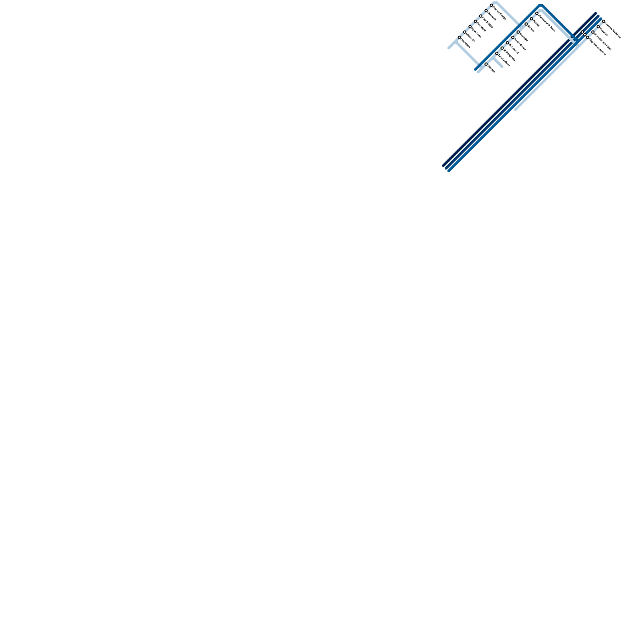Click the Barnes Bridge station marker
[492, 6]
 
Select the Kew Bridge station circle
[481, 16]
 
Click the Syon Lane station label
[476, 32]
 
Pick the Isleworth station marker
[465, 32]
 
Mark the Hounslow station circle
[460, 37]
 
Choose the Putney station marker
[532, 19]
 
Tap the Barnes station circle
[526, 24]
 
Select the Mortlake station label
[524, 37]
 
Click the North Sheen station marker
[513, 37]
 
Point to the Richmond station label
[514, 48]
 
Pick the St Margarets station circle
[502, 48]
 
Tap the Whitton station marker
[486, 64]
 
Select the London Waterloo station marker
[604, 21]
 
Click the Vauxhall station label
[604, 32]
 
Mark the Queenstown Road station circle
[593, 32]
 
